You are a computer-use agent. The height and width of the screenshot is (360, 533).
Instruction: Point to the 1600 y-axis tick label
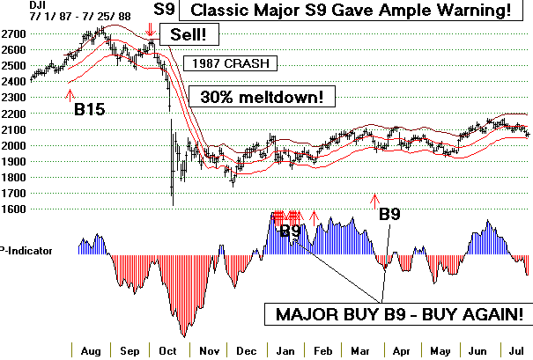(13, 209)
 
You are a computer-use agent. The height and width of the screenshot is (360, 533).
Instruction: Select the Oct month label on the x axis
(167, 349)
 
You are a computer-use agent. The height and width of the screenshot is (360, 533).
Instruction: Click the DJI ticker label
(11, 6)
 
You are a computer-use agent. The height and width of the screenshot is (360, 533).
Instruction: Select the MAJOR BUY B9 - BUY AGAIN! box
(398, 314)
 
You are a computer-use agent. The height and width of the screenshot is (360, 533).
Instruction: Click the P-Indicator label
(26, 251)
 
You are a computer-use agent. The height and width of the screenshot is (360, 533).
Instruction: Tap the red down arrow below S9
(152, 39)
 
